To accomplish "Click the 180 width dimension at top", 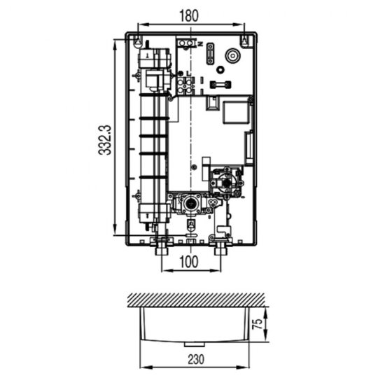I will coord(189,15).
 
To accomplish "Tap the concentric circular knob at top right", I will coord(231,54).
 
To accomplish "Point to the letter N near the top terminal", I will coord(200,44).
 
